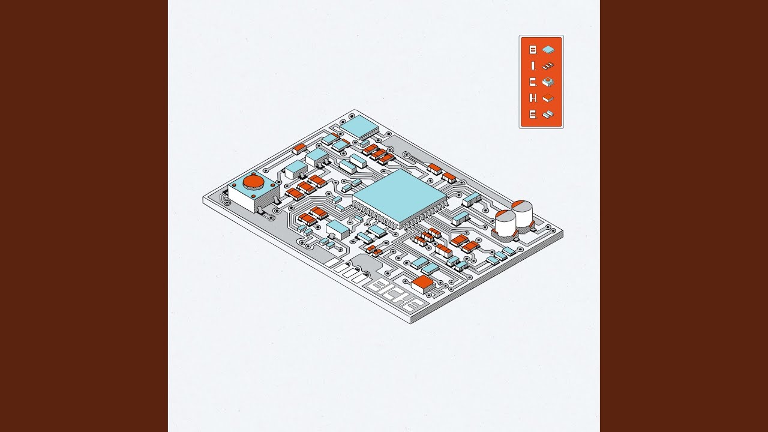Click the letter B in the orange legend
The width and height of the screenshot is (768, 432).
point(532,50)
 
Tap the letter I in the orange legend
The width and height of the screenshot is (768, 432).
point(532,66)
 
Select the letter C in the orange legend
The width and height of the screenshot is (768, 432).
point(532,82)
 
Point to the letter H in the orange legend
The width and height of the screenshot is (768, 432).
point(532,98)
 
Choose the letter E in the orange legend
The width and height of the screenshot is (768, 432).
point(532,115)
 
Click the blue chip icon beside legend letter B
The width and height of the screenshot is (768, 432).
point(548,50)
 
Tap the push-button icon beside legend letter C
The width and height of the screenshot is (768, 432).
point(548,82)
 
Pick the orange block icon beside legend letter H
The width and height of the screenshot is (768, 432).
point(548,98)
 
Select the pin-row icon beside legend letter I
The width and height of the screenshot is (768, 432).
point(548,66)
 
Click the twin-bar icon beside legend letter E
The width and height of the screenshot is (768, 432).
point(548,114)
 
